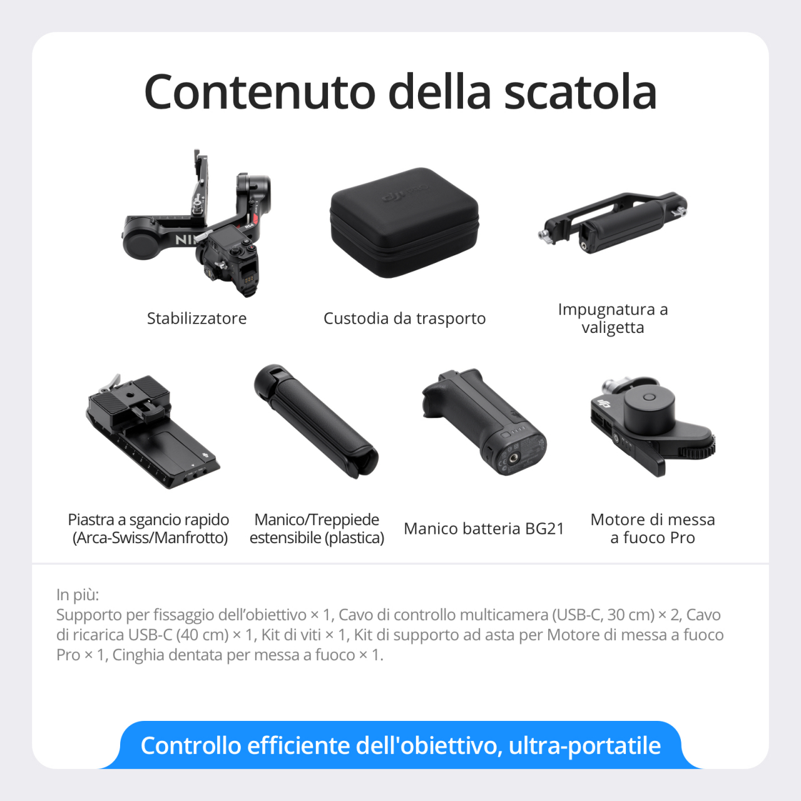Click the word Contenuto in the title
(260, 92)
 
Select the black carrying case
(404, 222)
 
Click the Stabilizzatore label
(196, 319)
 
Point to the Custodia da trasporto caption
(404, 319)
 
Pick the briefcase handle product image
(613, 222)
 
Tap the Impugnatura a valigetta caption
(613, 318)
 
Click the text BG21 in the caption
(544, 529)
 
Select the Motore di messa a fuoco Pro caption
(653, 529)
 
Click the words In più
(78, 594)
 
